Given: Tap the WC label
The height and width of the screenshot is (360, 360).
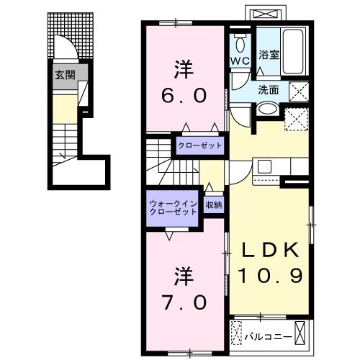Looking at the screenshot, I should (x=240, y=60).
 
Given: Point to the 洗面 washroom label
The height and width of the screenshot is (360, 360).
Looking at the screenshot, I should (x=269, y=91).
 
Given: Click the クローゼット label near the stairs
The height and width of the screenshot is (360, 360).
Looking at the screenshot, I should (x=200, y=145).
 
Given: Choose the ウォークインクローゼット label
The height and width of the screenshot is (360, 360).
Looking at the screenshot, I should (x=173, y=208).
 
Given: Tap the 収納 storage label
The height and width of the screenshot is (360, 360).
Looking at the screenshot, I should (x=213, y=205).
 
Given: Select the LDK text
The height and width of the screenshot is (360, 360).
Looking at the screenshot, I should (x=269, y=251).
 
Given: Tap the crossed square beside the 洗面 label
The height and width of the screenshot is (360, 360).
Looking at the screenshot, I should (x=300, y=91).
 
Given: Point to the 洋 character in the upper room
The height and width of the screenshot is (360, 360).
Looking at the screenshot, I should (x=184, y=71).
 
